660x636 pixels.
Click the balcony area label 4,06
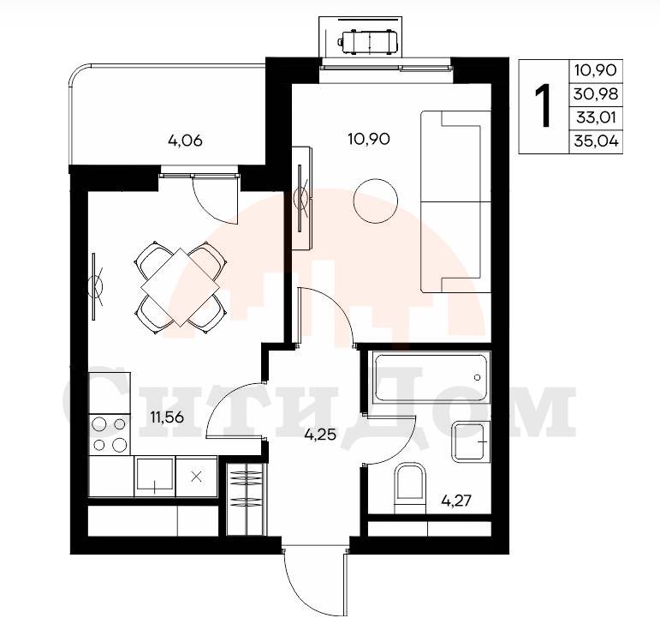[185, 141]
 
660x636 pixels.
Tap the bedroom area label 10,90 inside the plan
[369, 139]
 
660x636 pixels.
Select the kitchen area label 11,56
[167, 417]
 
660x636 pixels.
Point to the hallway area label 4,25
[320, 434]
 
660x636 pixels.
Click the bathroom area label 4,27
[456, 501]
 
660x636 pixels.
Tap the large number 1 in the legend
[543, 105]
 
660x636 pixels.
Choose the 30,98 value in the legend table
[596, 93]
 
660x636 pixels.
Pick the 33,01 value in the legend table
[596, 117]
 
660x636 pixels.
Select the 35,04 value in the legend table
[596, 141]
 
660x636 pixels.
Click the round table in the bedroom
[376, 201]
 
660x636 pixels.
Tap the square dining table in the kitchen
[180, 287]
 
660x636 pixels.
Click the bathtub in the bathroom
[431, 378]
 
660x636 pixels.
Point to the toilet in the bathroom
[410, 488]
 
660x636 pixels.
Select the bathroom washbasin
[471, 441]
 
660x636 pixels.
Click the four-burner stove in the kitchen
[110, 434]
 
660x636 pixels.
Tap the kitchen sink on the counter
[154, 477]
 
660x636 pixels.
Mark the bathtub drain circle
[477, 377]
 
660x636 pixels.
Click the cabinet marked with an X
[196, 477]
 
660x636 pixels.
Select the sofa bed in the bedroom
[456, 201]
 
